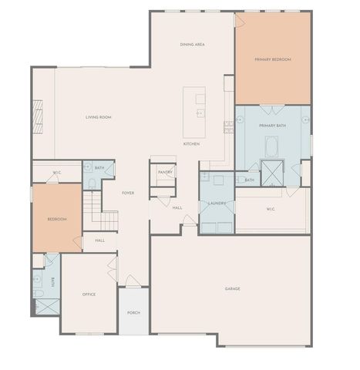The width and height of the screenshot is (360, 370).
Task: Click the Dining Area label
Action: (192, 45)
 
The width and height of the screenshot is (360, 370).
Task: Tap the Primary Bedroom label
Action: (273, 59)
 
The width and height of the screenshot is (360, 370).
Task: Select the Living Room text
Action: (99, 117)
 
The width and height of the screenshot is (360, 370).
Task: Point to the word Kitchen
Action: (191, 144)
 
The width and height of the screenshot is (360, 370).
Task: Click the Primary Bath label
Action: (273, 125)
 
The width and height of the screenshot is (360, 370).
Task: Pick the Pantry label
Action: (166, 172)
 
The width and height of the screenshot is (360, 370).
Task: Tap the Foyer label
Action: (128, 193)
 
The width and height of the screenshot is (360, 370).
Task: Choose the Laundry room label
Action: (217, 203)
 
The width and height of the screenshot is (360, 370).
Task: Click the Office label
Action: (89, 294)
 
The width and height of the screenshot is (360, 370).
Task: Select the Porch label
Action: (133, 312)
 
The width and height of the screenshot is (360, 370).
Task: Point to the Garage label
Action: (233, 289)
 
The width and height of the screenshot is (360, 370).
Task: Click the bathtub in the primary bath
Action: (272, 146)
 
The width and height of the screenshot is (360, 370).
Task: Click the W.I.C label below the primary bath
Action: (271, 208)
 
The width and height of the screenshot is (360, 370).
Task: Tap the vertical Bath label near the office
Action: (53, 281)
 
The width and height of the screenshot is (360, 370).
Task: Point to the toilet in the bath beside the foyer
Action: (92, 183)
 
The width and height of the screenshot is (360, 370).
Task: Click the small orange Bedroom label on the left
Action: (57, 220)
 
